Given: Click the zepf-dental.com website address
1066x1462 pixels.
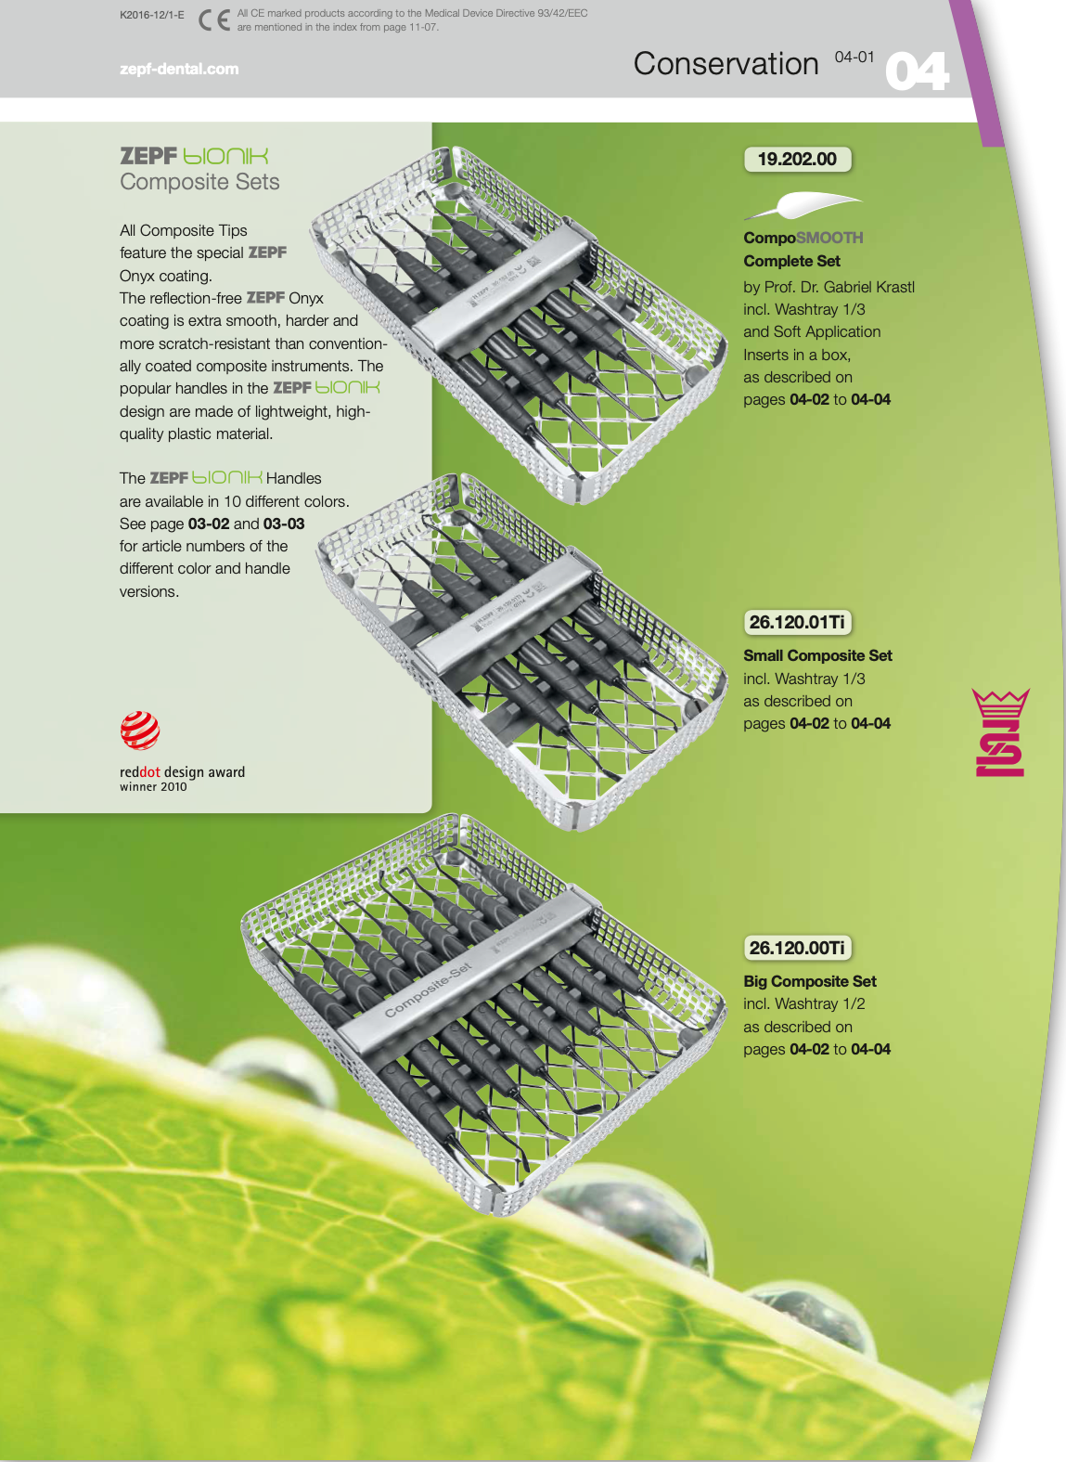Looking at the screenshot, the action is [179, 69].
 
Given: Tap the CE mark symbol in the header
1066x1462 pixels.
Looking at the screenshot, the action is [214, 20].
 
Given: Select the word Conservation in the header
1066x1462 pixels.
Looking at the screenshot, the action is [726, 64].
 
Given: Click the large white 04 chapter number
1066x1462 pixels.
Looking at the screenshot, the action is [917, 71].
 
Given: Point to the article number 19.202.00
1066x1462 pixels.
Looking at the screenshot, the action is [797, 160].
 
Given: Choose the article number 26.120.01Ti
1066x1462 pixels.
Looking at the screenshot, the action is [797, 622].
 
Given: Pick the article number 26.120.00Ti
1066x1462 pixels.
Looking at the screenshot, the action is [797, 948].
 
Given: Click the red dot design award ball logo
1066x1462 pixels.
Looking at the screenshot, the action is [139, 731].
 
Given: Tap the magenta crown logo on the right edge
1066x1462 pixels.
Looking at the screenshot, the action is [1000, 731].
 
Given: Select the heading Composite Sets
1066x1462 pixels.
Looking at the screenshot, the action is [199, 182].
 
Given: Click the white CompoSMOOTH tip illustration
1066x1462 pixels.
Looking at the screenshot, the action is [803, 205].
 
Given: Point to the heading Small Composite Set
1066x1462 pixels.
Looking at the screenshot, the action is [817, 655].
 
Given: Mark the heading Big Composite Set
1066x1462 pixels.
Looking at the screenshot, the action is [810, 981].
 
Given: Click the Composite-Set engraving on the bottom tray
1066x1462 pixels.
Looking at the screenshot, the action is [428, 990].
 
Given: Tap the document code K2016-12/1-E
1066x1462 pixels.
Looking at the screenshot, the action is [152, 14].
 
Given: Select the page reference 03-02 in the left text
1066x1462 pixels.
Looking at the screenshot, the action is [209, 524].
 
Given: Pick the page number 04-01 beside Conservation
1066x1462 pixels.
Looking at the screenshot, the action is [854, 58].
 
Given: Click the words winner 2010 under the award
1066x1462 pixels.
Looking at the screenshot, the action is [153, 787].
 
